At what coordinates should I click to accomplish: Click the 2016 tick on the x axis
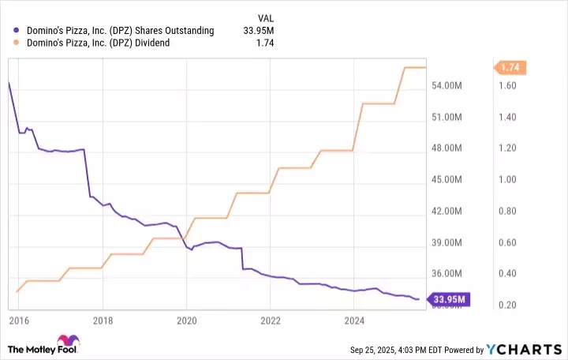[19, 321]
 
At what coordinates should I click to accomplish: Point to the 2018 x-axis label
[103, 321]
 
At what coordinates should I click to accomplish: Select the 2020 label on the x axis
[186, 321]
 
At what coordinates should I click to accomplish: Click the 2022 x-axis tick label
[270, 321]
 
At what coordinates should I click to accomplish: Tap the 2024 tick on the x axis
[354, 321]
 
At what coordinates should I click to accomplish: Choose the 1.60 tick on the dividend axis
[506, 85]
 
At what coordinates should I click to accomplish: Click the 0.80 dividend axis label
[506, 211]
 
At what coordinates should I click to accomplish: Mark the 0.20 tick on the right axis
[506, 305]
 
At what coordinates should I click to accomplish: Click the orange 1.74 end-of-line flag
[510, 68]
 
